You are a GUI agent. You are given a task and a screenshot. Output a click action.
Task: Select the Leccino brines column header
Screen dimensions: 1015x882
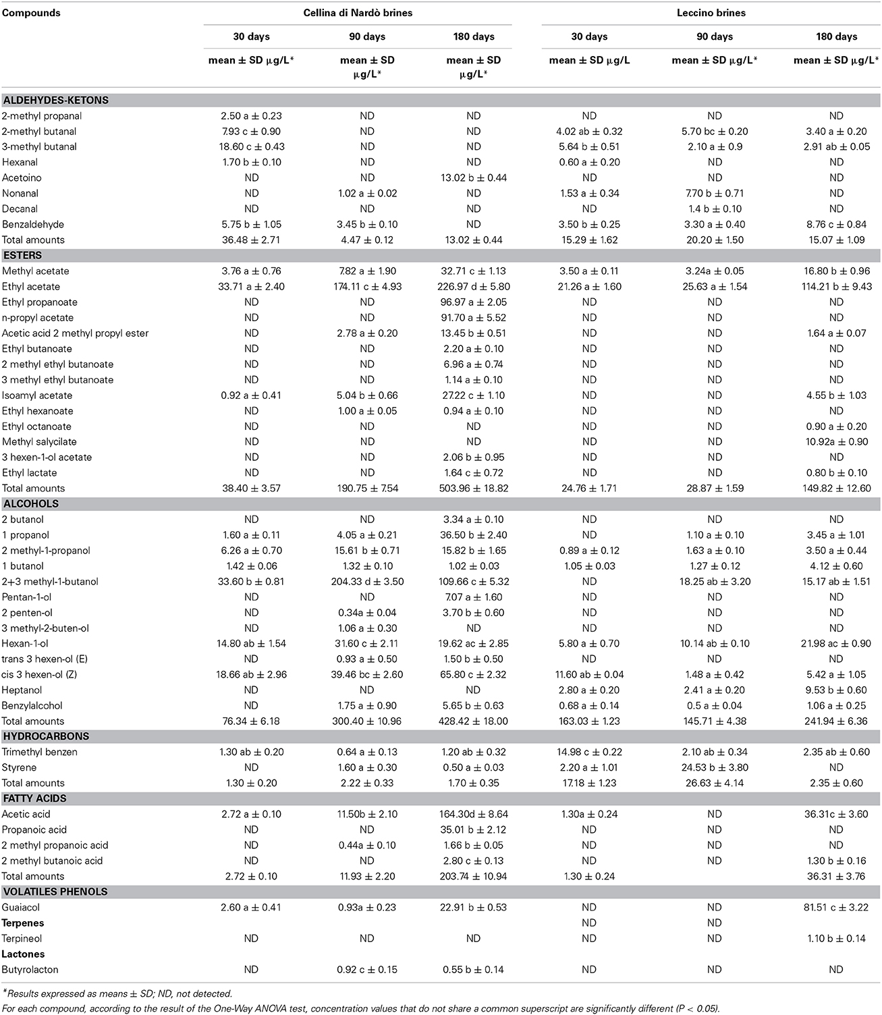pos(711,13)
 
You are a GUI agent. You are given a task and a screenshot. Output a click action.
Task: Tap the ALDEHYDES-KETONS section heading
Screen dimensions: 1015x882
pos(55,101)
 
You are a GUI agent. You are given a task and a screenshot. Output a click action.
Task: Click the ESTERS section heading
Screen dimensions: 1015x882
pos(22,256)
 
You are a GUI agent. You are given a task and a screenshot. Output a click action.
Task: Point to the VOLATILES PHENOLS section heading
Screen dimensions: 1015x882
pos(46,892)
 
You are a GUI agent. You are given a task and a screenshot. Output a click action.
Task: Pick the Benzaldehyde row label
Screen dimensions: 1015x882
pos(33,224)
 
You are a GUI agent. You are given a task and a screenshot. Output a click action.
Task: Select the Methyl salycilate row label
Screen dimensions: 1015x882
pos(39,442)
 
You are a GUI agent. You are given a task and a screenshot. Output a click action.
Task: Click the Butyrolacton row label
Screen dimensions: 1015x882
pos(30,970)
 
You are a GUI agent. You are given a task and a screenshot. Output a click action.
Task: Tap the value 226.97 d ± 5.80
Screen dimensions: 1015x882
pos(473,287)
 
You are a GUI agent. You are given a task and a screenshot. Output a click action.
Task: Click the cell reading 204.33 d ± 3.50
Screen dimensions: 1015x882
pos(366,582)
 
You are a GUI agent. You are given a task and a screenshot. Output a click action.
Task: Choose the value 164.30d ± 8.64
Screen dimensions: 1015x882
pos(473,815)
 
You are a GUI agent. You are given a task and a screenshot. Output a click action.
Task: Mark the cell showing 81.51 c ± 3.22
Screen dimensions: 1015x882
pos(836,908)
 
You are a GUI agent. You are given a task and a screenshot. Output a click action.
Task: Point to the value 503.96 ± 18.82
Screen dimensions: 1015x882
pos(473,489)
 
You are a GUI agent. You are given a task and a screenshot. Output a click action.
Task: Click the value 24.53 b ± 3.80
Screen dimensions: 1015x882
pos(714,768)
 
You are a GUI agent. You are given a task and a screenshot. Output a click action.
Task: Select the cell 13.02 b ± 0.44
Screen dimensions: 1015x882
pos(473,178)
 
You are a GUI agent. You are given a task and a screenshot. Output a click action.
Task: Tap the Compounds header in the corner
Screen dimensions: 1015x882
pos(31,13)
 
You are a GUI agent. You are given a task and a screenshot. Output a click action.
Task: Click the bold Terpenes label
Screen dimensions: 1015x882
pos(23,923)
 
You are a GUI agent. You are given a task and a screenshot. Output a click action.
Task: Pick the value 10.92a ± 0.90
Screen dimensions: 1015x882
pos(836,442)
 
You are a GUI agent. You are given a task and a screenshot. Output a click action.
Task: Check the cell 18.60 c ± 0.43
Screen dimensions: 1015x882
pos(251,147)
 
